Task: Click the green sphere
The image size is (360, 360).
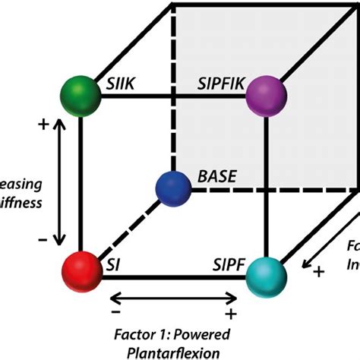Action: point(80,95)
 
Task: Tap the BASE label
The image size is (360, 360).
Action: point(217,177)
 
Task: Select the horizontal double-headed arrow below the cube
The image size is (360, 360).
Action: point(172,297)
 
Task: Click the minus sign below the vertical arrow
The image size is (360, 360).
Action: point(43,240)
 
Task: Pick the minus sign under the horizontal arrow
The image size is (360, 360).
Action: point(115,312)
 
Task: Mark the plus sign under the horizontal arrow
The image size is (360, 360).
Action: point(229,313)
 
